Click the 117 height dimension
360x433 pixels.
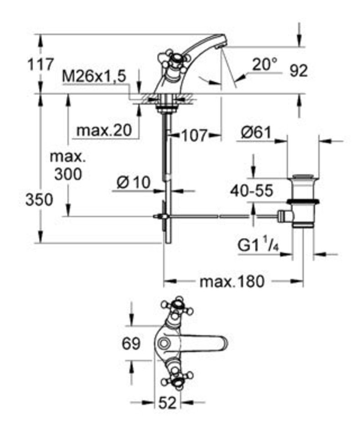40,64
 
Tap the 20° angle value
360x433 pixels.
264,64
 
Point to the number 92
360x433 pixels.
298,71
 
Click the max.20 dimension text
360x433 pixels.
104,130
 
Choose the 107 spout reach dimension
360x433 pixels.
194,135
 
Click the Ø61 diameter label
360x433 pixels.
256,133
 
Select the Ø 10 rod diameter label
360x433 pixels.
134,182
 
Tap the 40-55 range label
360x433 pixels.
252,190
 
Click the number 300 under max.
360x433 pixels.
68,174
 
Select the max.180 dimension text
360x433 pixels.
232,282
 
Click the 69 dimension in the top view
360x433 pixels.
131,344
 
